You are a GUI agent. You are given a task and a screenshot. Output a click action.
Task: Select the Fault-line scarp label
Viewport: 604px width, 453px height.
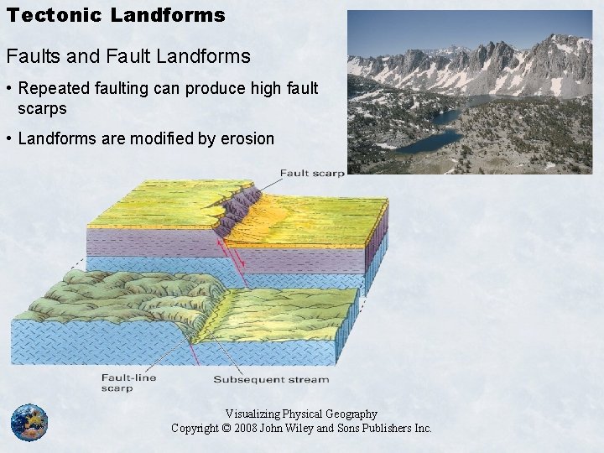128,383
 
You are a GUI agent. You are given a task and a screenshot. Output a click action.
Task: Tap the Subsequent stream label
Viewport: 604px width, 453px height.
271,379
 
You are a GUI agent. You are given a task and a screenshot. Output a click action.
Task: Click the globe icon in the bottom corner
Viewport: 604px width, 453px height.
29,422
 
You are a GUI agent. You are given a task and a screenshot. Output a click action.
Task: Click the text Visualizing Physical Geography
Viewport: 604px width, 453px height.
301,414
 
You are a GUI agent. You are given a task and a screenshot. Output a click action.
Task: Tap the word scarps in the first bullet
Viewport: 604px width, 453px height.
42,109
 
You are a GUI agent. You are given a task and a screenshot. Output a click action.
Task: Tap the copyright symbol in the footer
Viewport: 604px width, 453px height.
226,428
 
